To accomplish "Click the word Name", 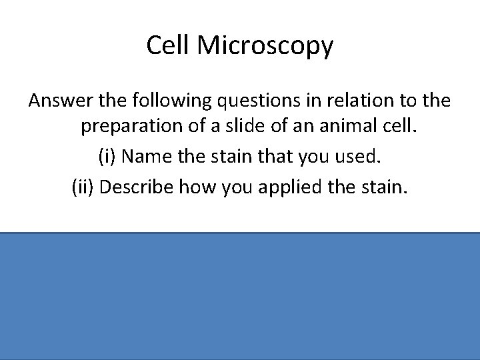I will coord(145,159).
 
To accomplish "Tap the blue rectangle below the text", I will coord(240,296).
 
